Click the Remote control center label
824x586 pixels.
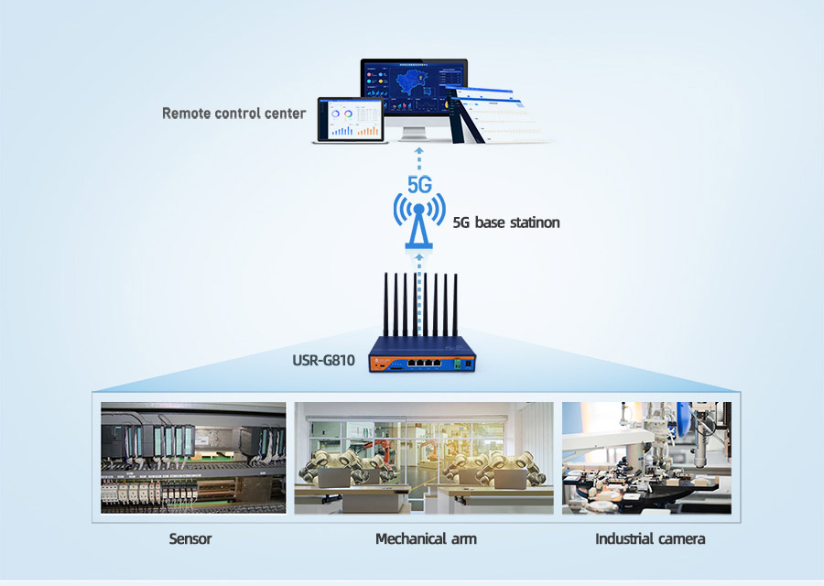tap(233, 114)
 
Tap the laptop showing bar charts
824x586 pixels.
tap(351, 120)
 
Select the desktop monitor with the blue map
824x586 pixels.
tap(414, 99)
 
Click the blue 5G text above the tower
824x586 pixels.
tap(419, 184)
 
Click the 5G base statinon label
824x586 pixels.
tap(506, 222)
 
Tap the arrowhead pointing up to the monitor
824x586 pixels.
tap(418, 151)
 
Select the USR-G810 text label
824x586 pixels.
tap(324, 361)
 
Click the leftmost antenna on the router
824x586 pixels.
tap(385, 305)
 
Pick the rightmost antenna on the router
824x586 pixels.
tap(455, 305)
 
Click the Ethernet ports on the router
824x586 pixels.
tap(424, 362)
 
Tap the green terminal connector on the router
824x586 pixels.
tap(457, 363)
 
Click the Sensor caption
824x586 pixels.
tap(190, 538)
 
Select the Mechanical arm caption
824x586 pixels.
tap(426, 538)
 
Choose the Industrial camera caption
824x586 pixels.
tap(650, 538)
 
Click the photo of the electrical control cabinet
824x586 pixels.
tap(193, 458)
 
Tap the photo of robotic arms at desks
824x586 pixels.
tap(424, 458)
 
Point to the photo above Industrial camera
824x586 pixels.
tap(646, 458)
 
